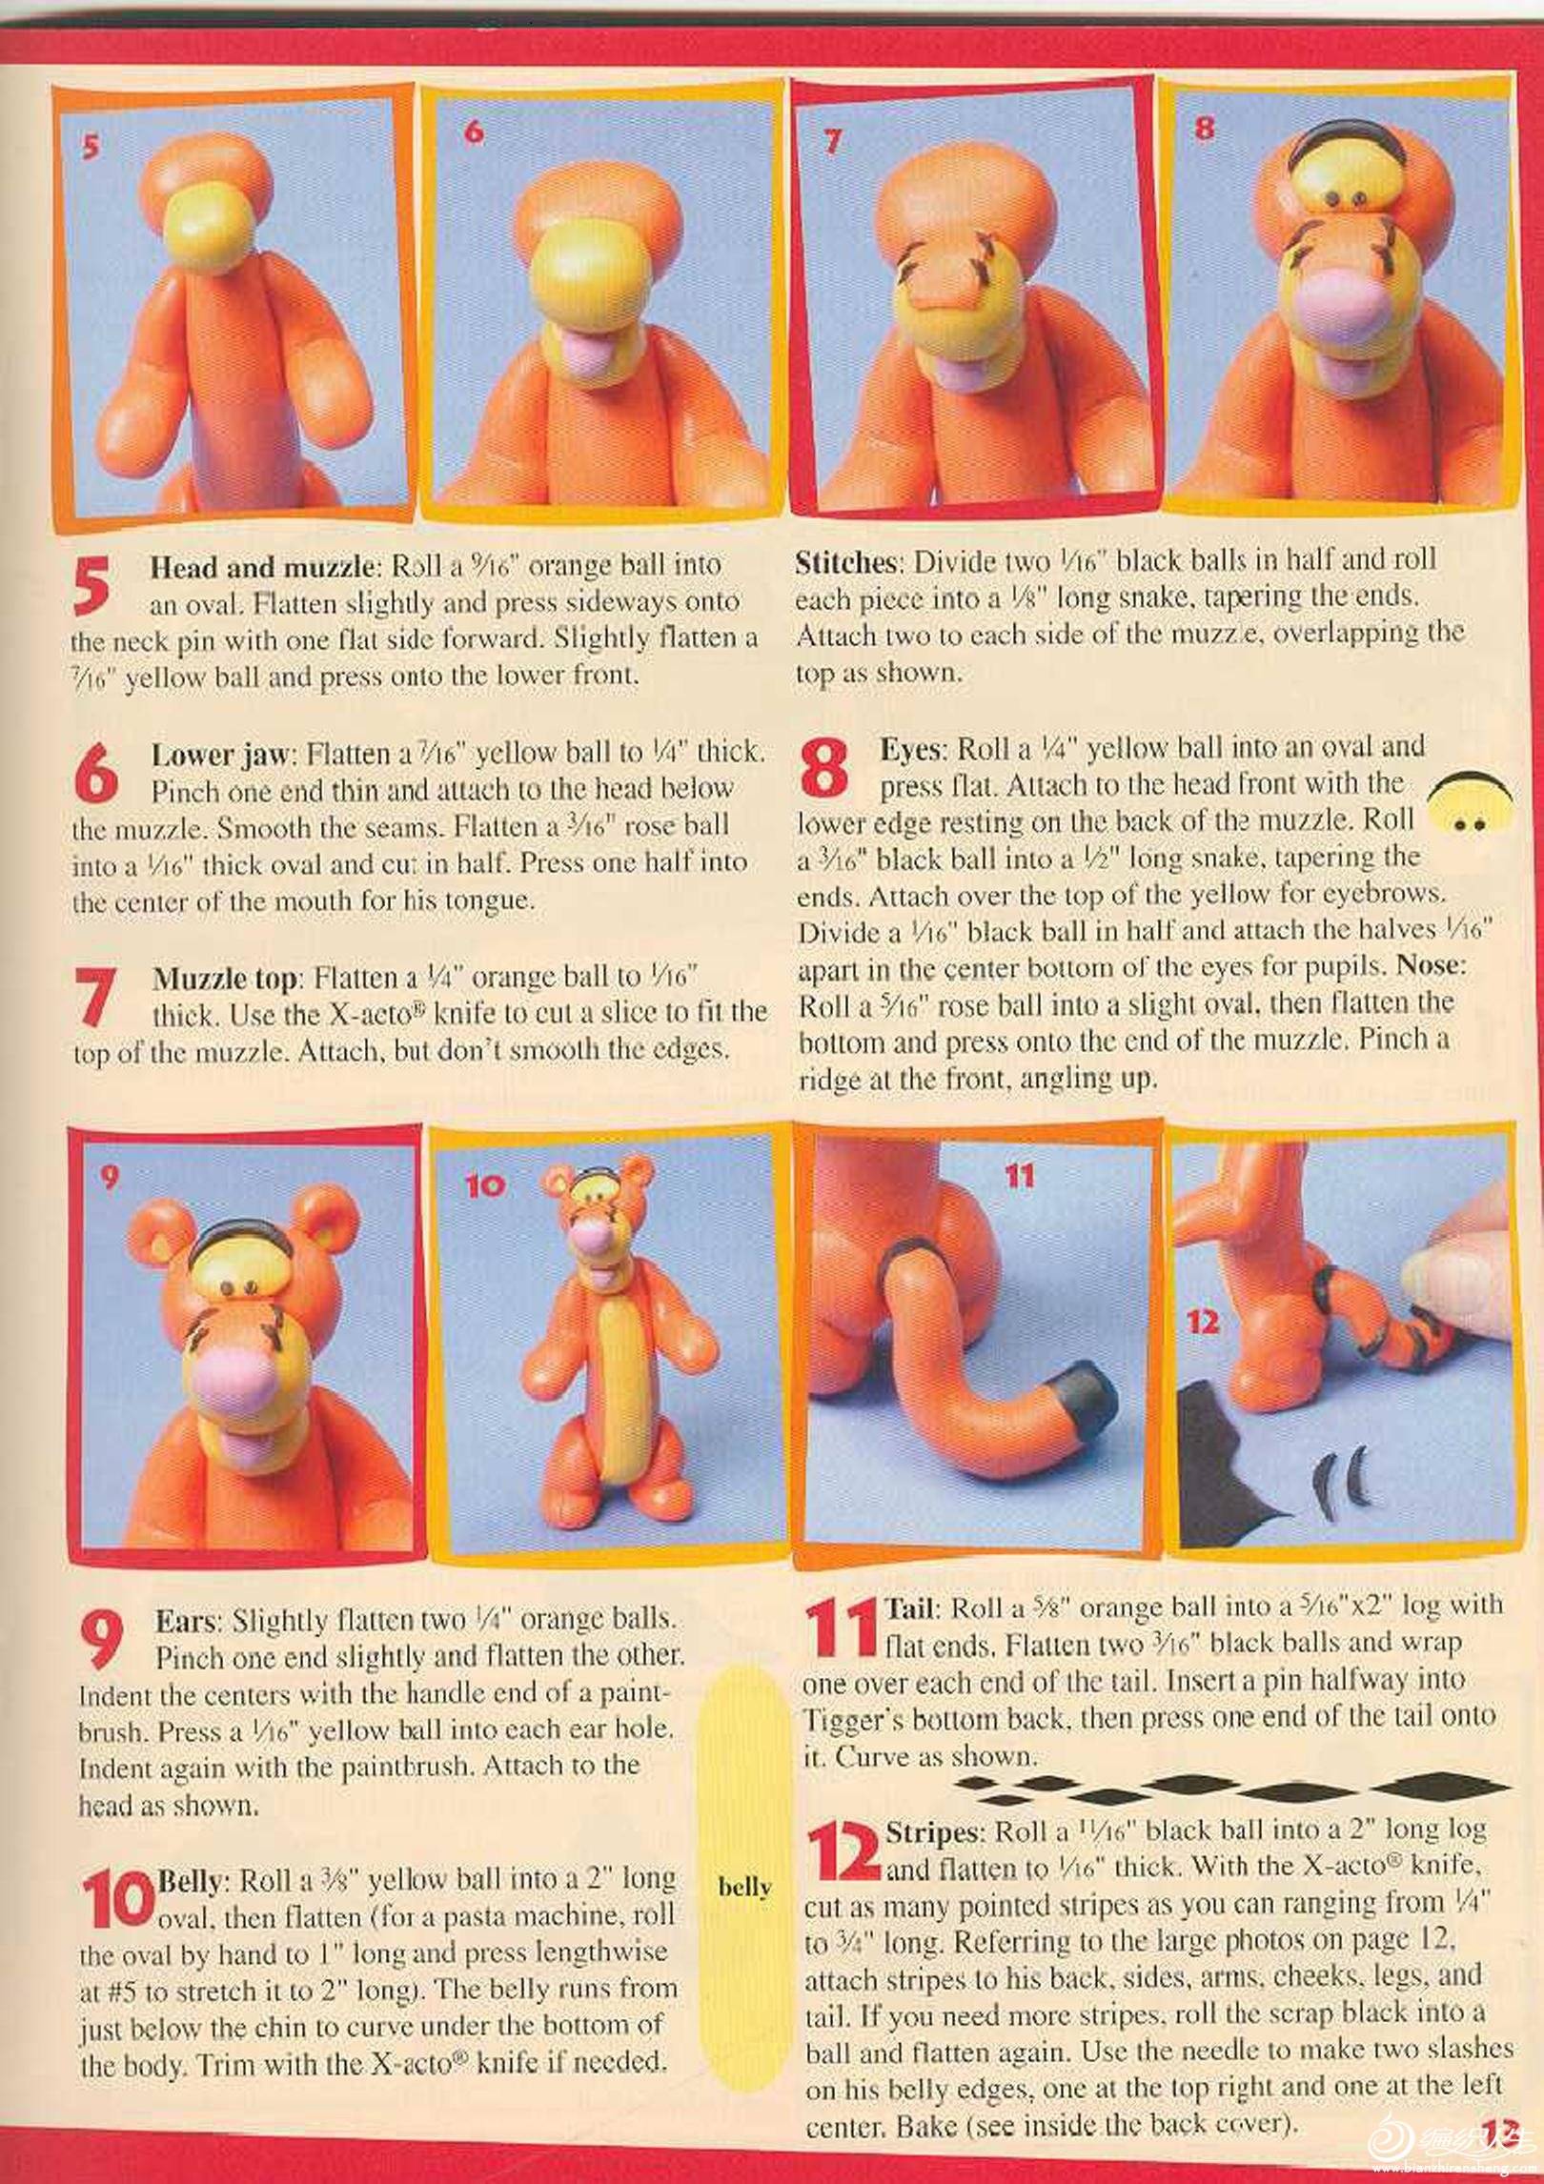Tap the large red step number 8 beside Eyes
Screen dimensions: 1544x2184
[x=823, y=769]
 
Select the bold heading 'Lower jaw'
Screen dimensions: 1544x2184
[x=219, y=754]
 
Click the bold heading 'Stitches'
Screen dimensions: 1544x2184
[x=846, y=561]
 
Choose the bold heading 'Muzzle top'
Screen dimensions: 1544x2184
[x=226, y=979]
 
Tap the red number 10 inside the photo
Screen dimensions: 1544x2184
[x=484, y=1184]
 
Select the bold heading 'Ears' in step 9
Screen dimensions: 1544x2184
[x=188, y=1619]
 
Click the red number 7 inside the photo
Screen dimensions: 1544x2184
[x=833, y=141]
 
